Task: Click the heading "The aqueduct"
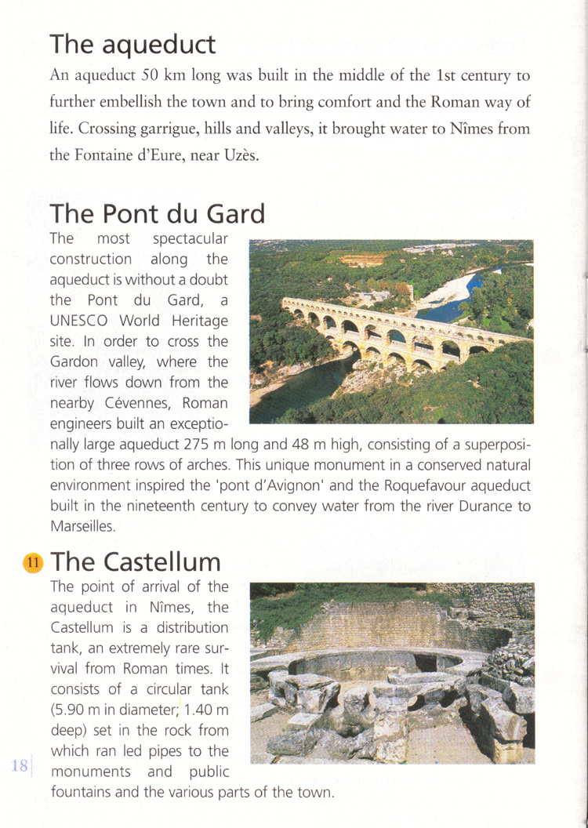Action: click(132, 44)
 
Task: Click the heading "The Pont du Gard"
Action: click(157, 213)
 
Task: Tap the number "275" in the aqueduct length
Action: click(198, 445)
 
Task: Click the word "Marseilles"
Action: click(82, 526)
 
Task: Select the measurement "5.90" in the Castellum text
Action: click(71, 710)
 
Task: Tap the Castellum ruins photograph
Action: click(392, 673)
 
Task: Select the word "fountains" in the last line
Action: click(82, 792)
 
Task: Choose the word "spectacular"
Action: click(190, 238)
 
